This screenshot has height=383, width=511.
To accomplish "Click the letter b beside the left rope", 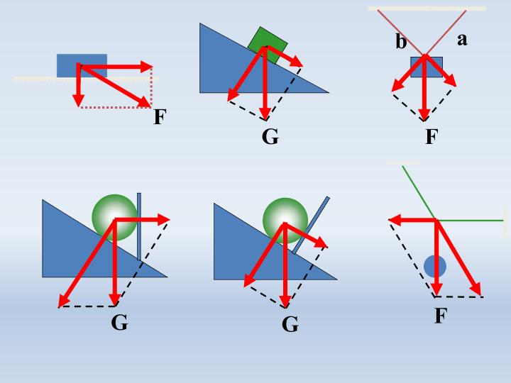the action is click(401, 42).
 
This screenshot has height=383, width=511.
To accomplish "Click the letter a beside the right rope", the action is click(462, 40).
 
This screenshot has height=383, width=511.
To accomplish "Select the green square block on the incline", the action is click(268, 45).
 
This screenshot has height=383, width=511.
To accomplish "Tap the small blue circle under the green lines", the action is click(435, 267).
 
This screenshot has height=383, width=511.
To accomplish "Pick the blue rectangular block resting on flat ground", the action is click(82, 66).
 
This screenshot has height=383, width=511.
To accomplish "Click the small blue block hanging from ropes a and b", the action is click(427, 67).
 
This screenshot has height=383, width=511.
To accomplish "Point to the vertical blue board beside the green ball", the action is click(139, 227).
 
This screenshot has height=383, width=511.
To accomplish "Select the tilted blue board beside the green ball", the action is click(311, 225).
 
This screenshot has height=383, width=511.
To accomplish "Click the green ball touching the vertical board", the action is click(114, 218).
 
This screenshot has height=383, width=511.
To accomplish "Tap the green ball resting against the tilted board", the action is click(285, 221).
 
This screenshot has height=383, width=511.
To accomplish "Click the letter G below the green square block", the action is click(270, 137).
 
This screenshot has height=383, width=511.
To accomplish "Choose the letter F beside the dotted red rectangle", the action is click(160, 116).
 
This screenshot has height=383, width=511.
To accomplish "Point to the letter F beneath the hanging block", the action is click(432, 136).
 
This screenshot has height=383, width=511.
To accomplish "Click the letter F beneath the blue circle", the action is click(441, 315).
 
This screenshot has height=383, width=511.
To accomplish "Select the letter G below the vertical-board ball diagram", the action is click(119, 323).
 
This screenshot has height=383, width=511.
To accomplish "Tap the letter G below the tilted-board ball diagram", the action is click(290, 324).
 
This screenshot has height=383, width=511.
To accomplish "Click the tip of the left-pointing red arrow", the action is click(389, 221).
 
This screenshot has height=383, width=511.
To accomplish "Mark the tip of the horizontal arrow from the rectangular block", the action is click(153, 67).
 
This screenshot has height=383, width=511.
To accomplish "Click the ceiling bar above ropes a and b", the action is click(427, 9).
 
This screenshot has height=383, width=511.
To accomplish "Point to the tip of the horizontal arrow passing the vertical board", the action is click(170, 219).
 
